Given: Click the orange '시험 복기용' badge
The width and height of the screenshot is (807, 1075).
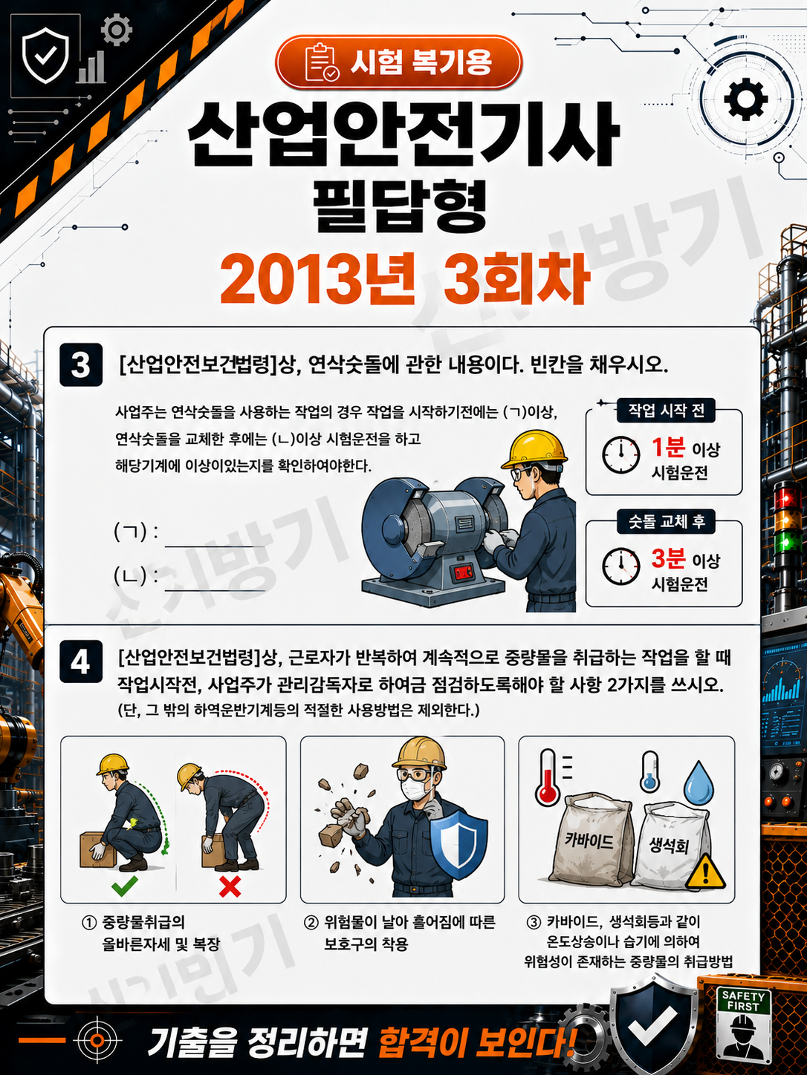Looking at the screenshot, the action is (398, 62).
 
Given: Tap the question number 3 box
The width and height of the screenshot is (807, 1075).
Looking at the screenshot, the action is (81, 365).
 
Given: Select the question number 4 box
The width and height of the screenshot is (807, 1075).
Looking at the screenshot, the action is (81, 661).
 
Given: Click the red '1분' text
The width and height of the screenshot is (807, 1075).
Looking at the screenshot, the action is (668, 447).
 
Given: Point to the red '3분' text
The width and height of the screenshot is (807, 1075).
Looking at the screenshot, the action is (668, 558).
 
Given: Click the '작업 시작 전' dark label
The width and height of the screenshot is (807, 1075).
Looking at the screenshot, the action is (666, 411).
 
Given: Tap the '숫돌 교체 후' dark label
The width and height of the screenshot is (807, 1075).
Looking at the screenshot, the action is (666, 522).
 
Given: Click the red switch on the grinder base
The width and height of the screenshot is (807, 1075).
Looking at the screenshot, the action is (462, 572).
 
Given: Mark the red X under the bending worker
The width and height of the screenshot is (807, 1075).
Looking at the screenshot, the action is (230, 886).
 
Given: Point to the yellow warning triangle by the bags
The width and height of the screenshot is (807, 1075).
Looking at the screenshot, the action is (705, 872).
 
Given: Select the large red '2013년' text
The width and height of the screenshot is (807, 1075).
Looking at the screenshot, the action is (317, 278).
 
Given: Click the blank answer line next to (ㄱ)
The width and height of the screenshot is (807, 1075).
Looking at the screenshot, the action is (215, 546).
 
